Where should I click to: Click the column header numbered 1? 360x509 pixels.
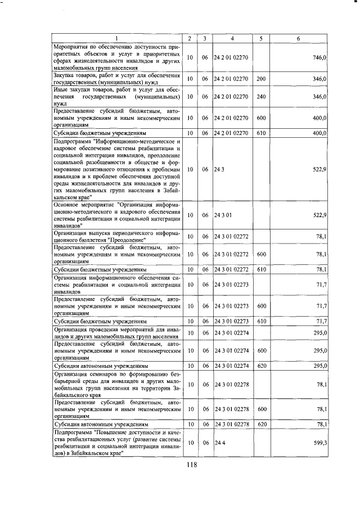tap(116, 38)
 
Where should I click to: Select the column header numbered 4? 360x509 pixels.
tap(232, 38)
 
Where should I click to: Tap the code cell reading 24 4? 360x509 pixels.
tap(219, 443)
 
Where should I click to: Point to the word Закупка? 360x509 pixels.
tap(65, 75)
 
